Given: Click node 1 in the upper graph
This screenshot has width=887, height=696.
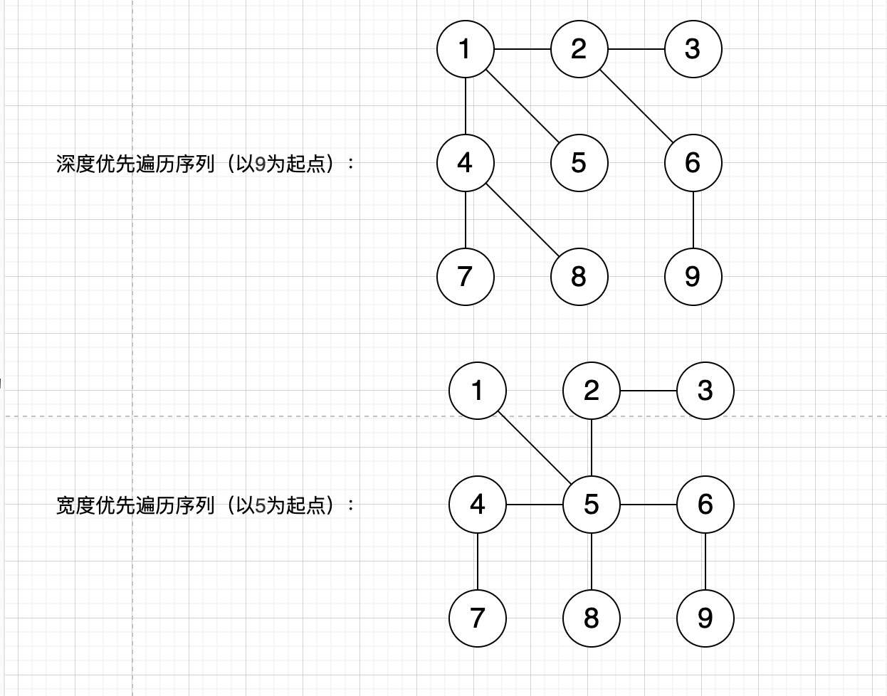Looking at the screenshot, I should click(466, 49).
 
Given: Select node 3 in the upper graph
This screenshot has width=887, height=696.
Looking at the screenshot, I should click(693, 49).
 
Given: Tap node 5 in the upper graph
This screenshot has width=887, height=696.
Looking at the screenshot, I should click(579, 163).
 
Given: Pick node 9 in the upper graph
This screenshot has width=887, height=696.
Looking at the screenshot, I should click(693, 277).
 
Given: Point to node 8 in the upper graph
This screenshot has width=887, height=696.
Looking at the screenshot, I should click(579, 277).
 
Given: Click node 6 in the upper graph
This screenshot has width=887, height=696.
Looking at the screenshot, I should click(693, 163).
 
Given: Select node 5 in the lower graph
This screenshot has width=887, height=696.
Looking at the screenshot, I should click(592, 505).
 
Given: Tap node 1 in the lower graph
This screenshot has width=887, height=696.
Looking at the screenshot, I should click(478, 391).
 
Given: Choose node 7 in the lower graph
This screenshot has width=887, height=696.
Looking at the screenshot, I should click(478, 618).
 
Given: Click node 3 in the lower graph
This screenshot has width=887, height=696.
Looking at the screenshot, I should click(705, 391).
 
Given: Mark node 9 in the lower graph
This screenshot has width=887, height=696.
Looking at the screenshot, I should click(705, 618).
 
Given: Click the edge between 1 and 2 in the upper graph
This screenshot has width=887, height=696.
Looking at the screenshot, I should click(523, 49).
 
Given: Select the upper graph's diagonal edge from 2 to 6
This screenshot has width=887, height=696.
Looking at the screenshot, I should click(636, 106).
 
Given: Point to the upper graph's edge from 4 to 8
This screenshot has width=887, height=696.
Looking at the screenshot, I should click(523, 220).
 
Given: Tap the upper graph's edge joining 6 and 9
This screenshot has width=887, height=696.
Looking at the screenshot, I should click(693, 220).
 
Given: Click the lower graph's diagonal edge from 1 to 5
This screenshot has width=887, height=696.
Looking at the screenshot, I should click(535, 448).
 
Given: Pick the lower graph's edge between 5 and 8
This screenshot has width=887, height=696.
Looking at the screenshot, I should click(592, 561).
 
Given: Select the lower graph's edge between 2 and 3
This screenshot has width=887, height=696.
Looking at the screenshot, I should click(649, 391).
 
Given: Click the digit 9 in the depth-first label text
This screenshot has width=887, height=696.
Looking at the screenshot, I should click(260, 164).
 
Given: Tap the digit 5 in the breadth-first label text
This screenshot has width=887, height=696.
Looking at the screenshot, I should click(260, 506).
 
